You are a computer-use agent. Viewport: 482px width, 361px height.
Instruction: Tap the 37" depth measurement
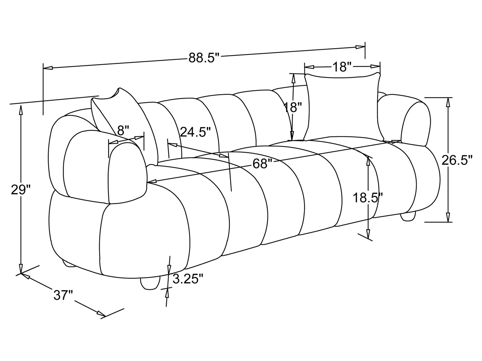coord(63,295)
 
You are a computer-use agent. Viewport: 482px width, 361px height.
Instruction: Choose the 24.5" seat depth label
coord(195,132)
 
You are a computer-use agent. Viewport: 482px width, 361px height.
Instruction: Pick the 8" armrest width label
coord(123,131)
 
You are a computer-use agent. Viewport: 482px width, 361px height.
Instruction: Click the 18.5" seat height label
coord(368,198)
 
